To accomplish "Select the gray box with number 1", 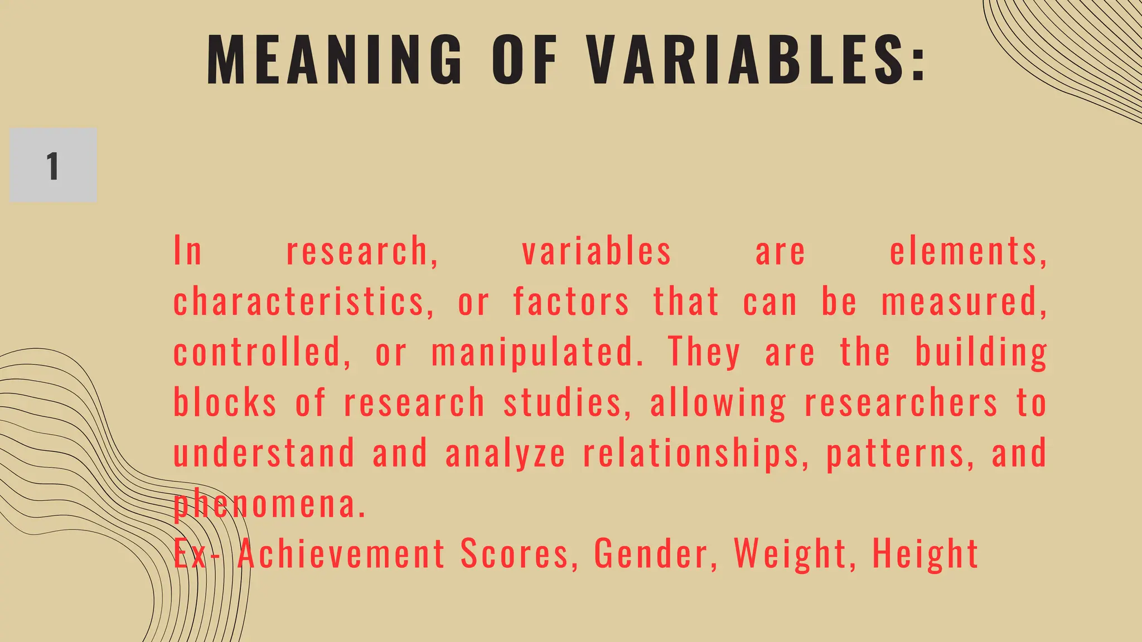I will pos(53,165).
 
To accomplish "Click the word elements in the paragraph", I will pos(967,251).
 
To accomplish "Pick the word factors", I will pos(571,302).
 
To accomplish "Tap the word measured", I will pos(963,302).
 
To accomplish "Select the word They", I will pos(704,352).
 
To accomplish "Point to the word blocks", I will pos(225,402).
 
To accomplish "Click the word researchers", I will pos(901,402).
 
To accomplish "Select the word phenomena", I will pos(269,504).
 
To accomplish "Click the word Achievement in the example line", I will pos(341,554).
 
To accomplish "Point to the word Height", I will pos(925,554).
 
